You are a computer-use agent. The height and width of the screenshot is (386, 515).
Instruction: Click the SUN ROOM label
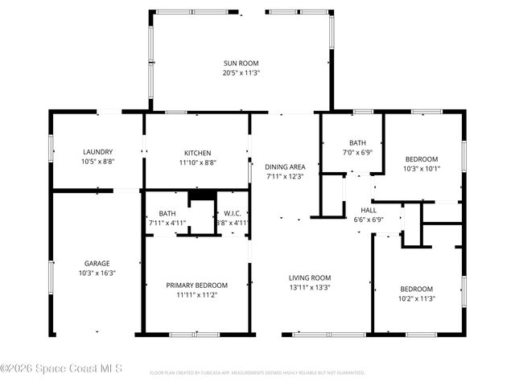tap(241, 63)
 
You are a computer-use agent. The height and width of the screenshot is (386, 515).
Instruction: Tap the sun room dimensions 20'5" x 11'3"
tap(241, 72)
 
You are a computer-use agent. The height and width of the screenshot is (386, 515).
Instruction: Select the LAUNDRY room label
tap(97, 151)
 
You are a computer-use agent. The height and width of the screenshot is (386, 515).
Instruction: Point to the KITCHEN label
tap(197, 153)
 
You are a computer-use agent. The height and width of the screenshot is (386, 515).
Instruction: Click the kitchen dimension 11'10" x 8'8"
tap(197, 162)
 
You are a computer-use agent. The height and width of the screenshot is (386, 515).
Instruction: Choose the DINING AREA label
tap(285, 166)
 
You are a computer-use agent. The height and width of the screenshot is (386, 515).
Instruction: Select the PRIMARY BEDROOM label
tap(196, 285)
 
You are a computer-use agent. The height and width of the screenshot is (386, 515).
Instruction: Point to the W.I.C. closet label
tap(233, 213)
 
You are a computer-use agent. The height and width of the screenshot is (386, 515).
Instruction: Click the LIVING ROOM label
tap(310, 277)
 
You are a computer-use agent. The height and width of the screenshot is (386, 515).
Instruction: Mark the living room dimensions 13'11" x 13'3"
tap(310, 287)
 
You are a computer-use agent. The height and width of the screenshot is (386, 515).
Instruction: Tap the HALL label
tap(369, 209)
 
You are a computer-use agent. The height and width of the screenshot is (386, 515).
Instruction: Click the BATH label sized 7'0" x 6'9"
tap(357, 142)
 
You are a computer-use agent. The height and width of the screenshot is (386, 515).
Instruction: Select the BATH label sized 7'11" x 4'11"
tap(167, 213)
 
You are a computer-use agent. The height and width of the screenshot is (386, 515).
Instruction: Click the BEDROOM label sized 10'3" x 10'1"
tap(422, 158)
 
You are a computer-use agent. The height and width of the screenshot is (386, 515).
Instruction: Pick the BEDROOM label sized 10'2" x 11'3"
tap(417, 289)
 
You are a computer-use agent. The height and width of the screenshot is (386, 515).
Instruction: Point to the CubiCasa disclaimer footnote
tap(257, 373)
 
